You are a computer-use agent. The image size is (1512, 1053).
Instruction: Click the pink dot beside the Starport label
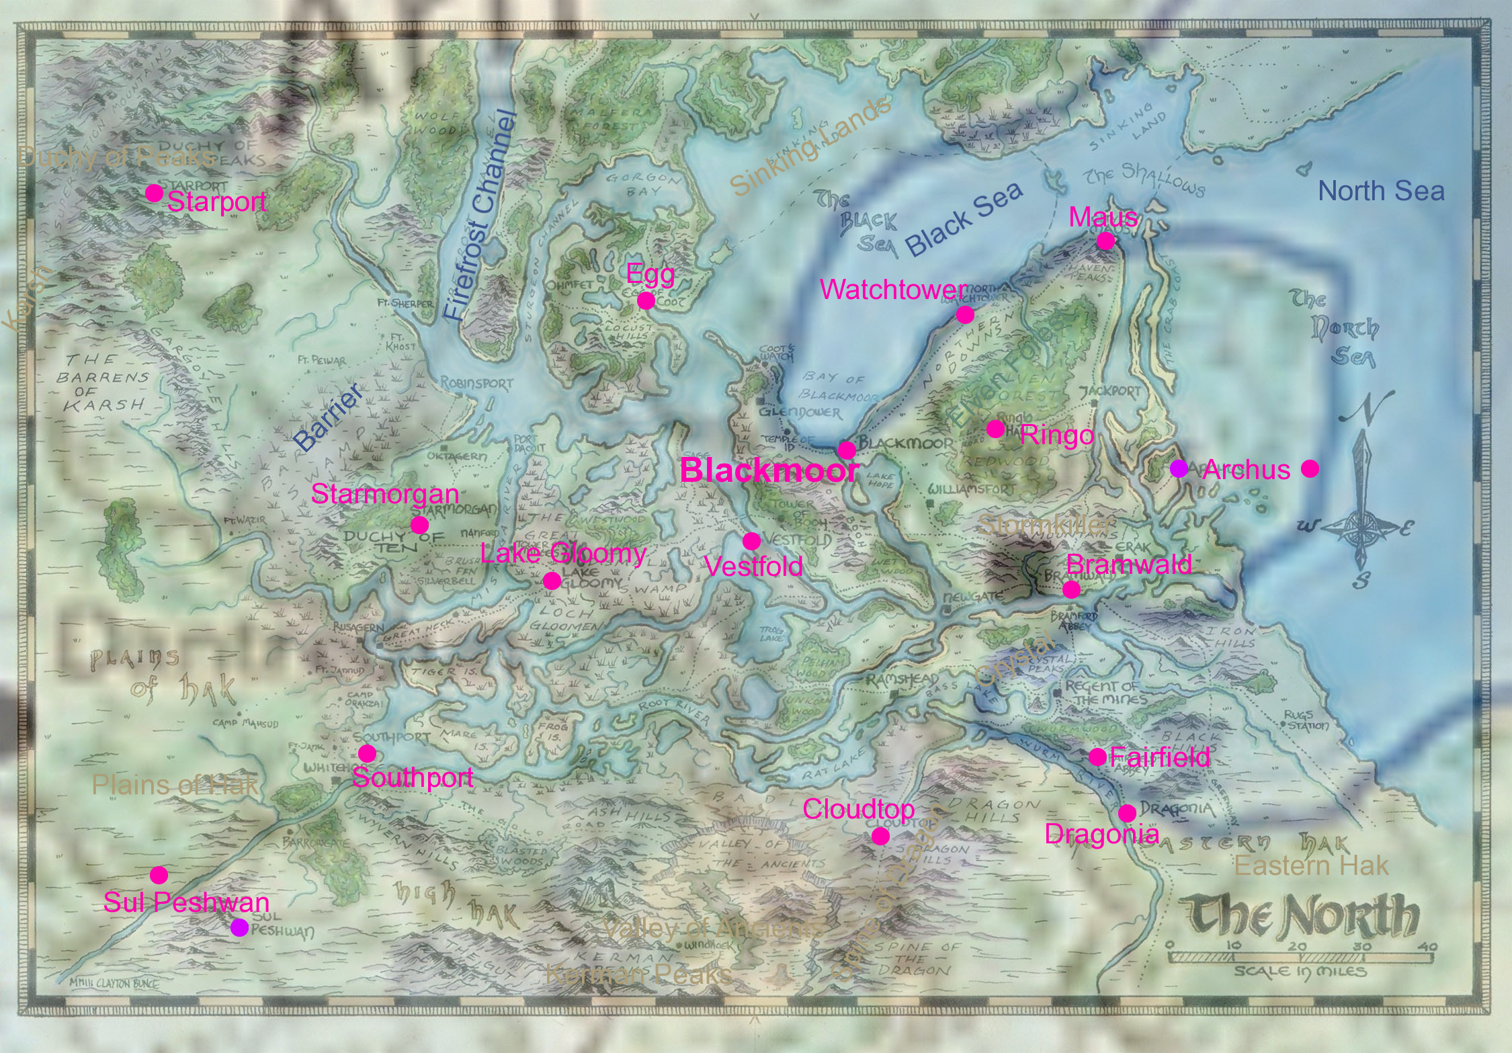click(x=154, y=194)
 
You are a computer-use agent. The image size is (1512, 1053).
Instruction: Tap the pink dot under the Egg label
click(x=646, y=300)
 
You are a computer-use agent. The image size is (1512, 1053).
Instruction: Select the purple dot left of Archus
click(x=1178, y=468)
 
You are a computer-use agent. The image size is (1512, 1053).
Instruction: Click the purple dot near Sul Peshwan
click(x=239, y=927)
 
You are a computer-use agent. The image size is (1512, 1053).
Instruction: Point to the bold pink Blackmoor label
click(x=769, y=470)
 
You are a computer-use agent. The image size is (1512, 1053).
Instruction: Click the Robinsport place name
click(x=476, y=383)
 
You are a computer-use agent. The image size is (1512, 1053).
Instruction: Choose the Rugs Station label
click(x=1305, y=720)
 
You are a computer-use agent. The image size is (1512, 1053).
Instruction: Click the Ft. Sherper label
click(x=405, y=304)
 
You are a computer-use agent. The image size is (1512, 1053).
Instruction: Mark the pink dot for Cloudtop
click(x=880, y=836)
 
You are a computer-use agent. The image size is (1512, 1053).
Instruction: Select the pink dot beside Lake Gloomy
click(x=552, y=581)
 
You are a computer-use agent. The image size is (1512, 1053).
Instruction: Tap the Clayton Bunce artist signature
click(x=114, y=983)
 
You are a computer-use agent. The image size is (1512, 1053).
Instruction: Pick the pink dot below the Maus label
click(x=1105, y=241)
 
